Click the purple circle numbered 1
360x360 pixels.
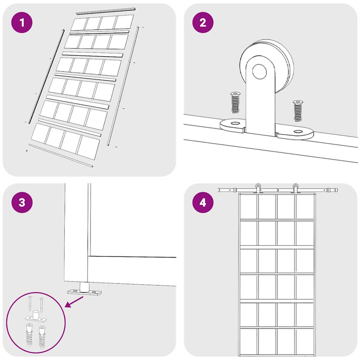(22, 22)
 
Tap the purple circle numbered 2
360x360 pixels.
(203, 22)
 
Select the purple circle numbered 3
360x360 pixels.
(22, 202)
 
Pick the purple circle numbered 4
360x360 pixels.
(203, 202)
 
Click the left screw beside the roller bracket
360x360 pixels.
(235, 102)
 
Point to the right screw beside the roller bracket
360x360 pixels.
(298, 111)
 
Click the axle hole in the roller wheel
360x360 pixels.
(260, 72)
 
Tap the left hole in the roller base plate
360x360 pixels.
(234, 123)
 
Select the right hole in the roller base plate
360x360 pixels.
(298, 131)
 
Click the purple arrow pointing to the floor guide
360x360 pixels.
(74, 301)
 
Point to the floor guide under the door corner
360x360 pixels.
(85, 289)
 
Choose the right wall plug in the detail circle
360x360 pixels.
(42, 337)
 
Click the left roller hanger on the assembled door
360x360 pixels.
(258, 189)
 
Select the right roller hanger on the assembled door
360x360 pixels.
(295, 189)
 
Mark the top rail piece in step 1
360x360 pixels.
(106, 11)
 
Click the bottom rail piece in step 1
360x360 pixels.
(61, 155)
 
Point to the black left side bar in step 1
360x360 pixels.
(46, 76)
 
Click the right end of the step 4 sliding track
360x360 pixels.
(337, 190)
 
